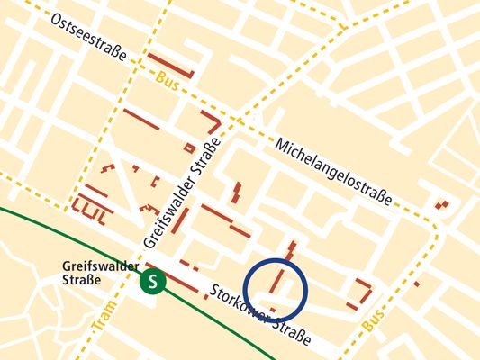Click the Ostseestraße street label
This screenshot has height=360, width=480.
tap(88, 36)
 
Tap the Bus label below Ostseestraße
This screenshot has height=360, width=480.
tap(167, 78)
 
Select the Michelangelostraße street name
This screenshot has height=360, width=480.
tap(333, 172)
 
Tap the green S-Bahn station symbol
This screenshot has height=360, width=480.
tap(153, 282)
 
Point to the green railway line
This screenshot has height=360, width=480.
tap(54, 234)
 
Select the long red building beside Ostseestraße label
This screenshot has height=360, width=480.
tap(171, 66)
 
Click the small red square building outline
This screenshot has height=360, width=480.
tap(189, 147)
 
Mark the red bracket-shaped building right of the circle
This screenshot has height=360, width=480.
tap(363, 290)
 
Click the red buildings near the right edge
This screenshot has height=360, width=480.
tap(441, 204)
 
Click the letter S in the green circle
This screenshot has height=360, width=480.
tap(153, 282)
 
